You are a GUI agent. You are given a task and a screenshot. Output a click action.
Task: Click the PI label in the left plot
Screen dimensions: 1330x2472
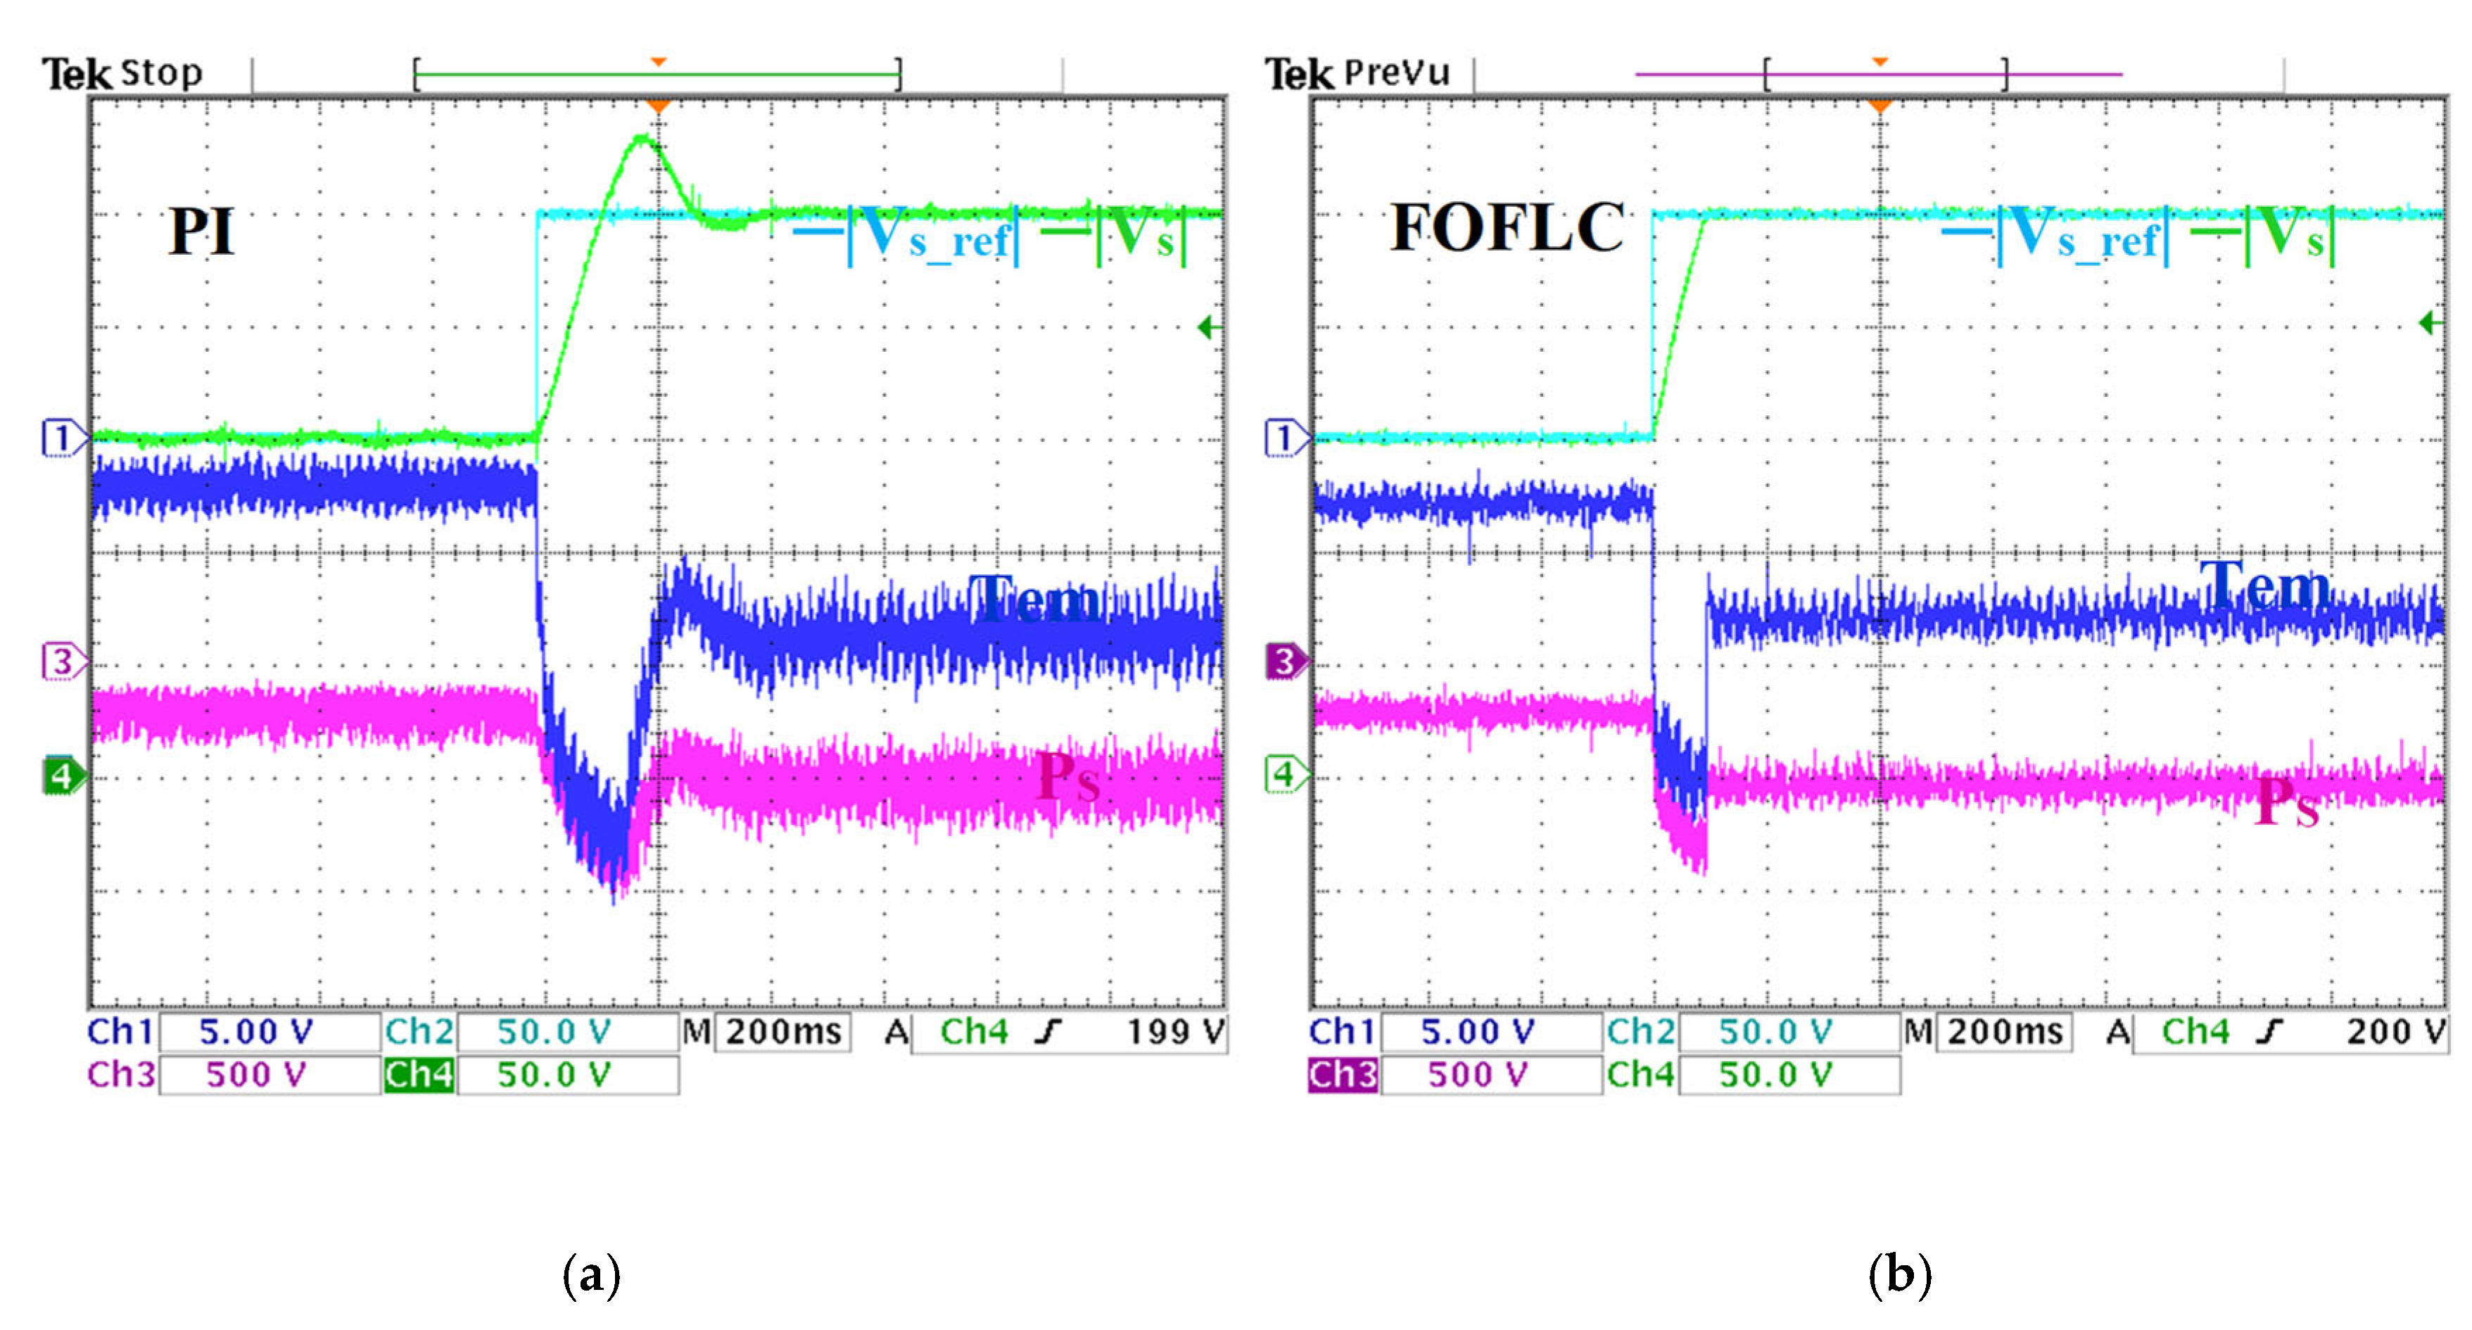[201, 232]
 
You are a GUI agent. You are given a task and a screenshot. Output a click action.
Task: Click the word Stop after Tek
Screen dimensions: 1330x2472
[161, 73]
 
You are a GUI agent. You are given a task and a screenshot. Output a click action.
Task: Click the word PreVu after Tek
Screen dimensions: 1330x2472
[1395, 73]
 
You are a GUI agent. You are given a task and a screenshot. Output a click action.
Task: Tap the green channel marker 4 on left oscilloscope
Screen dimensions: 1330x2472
[61, 774]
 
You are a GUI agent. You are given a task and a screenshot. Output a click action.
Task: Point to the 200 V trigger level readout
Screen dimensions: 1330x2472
[2395, 1032]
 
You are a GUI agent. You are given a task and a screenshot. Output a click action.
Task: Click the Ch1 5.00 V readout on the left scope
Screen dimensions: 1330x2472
[255, 1032]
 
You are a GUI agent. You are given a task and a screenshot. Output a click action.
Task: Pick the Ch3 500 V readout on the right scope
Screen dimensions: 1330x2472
[1478, 1075]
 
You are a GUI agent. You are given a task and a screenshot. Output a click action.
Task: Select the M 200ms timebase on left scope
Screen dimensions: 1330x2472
[782, 1032]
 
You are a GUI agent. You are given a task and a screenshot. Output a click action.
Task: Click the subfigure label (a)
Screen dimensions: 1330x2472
[591, 1275]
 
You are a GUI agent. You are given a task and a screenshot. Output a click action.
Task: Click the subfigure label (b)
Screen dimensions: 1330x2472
[1899, 1275]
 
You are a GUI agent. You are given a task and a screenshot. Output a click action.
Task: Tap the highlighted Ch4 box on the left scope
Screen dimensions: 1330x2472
[419, 1075]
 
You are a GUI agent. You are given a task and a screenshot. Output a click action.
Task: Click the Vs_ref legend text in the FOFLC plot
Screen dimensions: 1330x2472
[2082, 235]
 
